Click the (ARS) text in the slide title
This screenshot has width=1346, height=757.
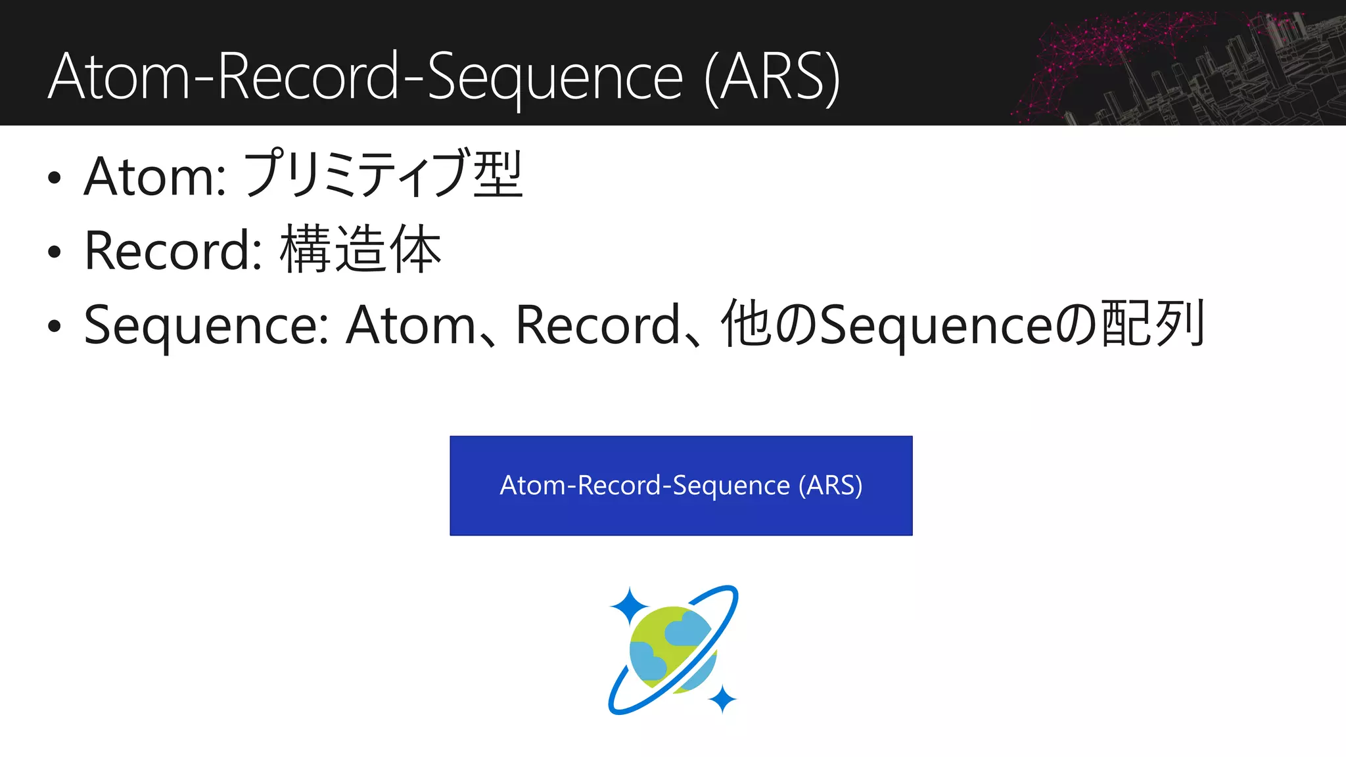(772, 78)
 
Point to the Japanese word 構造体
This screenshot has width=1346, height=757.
(360, 250)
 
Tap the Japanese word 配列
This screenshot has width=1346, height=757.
(1153, 324)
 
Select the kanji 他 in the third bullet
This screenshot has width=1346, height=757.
(746, 324)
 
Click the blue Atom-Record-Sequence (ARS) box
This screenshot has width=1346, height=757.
(681, 486)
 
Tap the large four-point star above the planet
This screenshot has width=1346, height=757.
(629, 606)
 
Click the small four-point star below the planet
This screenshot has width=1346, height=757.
(723, 699)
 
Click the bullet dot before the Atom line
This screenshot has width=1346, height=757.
(55, 177)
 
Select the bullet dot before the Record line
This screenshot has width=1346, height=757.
(55, 252)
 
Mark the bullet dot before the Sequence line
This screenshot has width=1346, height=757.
(55, 327)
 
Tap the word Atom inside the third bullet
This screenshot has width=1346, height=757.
(411, 325)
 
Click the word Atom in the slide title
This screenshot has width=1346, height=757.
(118, 78)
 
